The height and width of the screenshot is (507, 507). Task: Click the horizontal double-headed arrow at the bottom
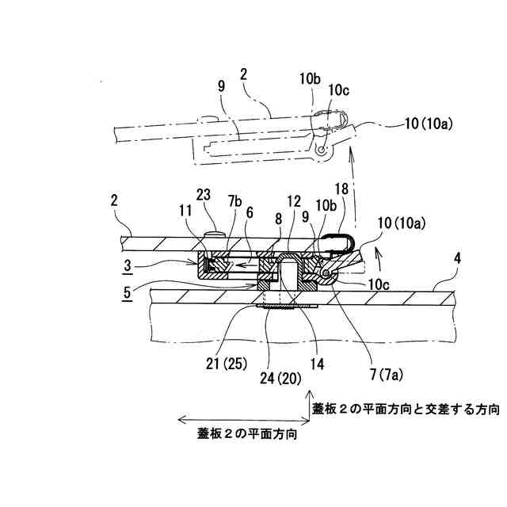click(x=238, y=419)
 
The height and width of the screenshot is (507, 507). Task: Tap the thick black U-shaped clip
click(x=340, y=245)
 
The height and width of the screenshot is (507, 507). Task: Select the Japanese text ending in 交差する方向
click(x=406, y=410)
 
